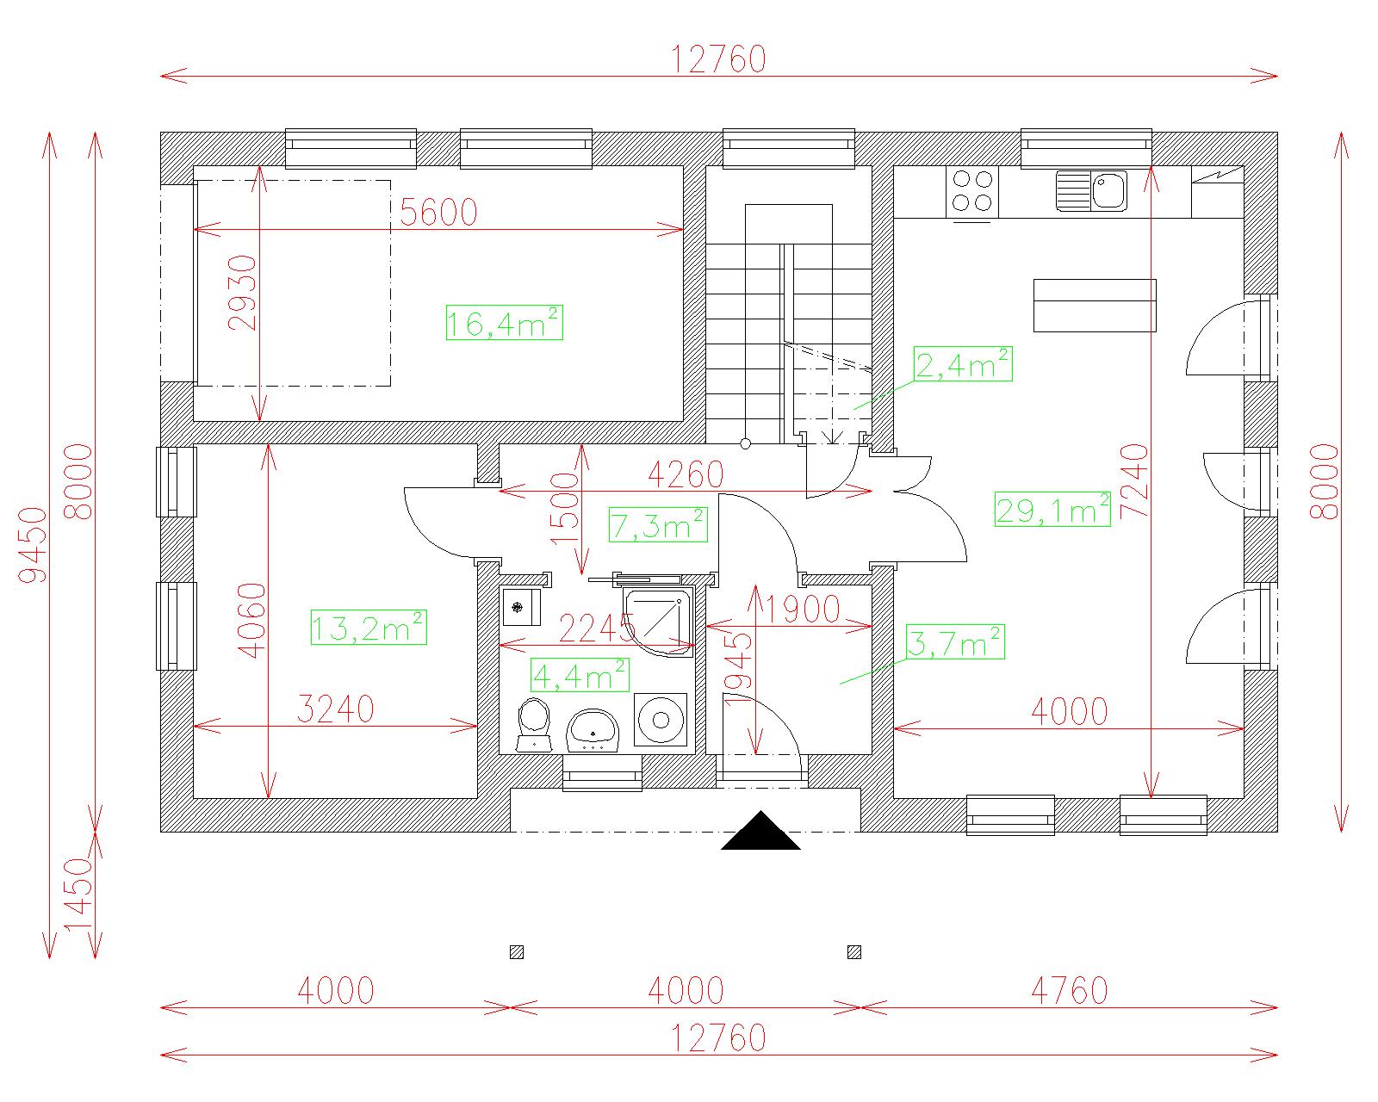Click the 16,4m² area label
point(504,323)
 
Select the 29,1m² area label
point(1052,509)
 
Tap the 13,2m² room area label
point(369,627)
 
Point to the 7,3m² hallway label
point(658,524)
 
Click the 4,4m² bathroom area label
point(580,675)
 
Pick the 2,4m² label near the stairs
point(962,363)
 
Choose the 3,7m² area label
point(955,642)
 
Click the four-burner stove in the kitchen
point(971,191)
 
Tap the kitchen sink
point(1091,190)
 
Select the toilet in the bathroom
point(534,724)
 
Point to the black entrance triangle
point(760,831)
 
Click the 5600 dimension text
point(438,212)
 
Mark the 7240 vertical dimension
point(1134,481)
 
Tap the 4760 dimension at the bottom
point(1070,991)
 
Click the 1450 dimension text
point(78,895)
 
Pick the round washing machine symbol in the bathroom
point(661,720)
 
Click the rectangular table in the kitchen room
point(1095,306)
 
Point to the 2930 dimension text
point(244,293)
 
